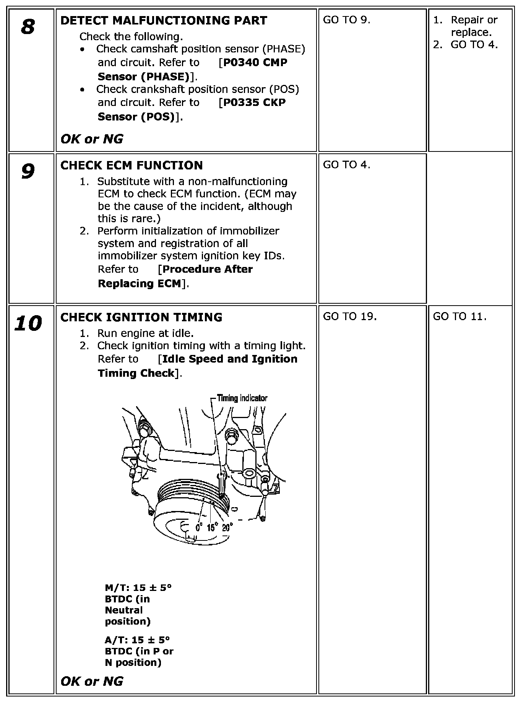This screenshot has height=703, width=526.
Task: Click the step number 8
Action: (x=28, y=27)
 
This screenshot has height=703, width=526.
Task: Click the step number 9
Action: (x=28, y=172)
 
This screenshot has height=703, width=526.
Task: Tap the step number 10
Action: (x=28, y=324)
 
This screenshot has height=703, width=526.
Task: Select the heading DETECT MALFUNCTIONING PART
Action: (x=164, y=21)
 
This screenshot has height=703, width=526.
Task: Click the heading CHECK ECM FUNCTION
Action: (x=131, y=166)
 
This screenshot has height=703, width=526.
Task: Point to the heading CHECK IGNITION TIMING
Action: (x=141, y=317)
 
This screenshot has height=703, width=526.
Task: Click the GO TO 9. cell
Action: (x=346, y=20)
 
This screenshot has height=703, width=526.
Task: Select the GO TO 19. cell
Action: (x=349, y=316)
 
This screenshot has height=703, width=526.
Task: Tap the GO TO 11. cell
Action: (x=459, y=316)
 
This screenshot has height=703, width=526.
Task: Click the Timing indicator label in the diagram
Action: (x=242, y=398)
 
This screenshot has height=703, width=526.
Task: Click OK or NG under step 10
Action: (x=92, y=681)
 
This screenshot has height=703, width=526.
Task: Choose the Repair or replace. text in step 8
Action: (x=474, y=26)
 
